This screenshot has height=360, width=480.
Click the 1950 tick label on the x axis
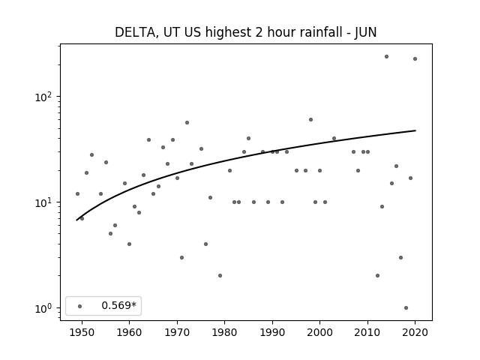(x=82, y=332)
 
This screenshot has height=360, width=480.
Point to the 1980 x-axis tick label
(x=224, y=332)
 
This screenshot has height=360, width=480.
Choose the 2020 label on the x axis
(x=415, y=332)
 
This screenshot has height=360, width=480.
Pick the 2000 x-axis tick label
(x=319, y=332)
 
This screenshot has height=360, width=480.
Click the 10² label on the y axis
(x=43, y=97)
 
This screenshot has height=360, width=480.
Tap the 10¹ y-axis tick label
(x=43, y=202)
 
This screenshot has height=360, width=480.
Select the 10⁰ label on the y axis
(x=43, y=308)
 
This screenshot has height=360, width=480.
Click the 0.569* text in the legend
(x=118, y=305)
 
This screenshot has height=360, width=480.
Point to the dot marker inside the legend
(x=80, y=306)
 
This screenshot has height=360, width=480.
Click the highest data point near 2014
(x=386, y=57)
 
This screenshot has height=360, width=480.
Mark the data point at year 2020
(x=415, y=58)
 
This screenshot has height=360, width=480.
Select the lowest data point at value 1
(x=406, y=308)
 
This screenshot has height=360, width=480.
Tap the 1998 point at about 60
(x=310, y=120)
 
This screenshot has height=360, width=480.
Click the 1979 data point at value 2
(x=220, y=275)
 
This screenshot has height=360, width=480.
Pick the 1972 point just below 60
(x=187, y=123)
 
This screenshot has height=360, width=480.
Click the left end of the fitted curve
(x=76, y=220)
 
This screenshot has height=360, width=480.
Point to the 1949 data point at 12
(x=77, y=193)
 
